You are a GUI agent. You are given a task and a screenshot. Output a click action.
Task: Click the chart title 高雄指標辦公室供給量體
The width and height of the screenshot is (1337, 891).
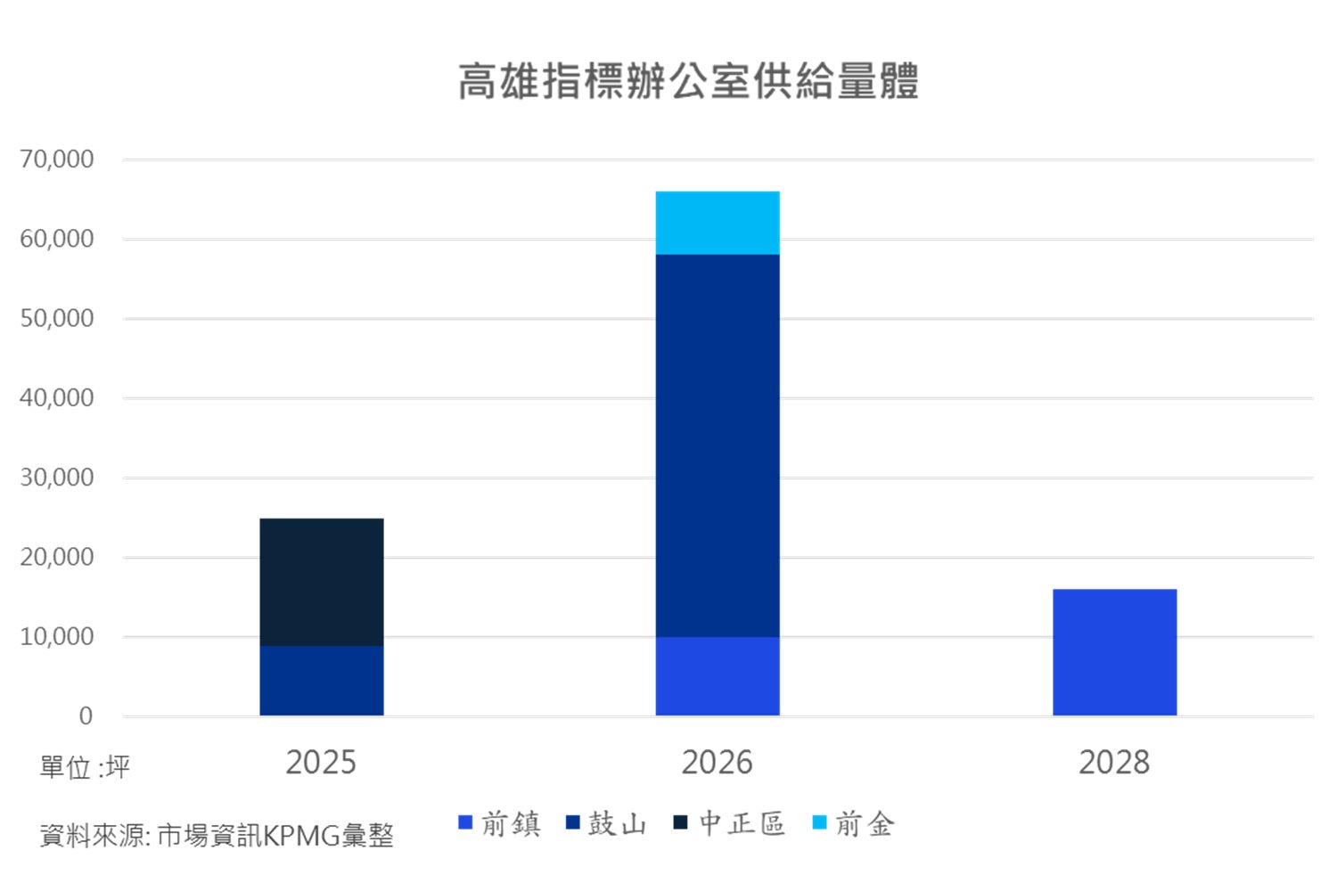pos(687,81)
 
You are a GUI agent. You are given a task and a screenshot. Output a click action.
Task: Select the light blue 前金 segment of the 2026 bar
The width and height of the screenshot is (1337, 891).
pos(718,223)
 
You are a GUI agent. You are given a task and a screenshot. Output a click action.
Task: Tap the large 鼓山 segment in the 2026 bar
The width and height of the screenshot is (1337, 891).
pos(718,445)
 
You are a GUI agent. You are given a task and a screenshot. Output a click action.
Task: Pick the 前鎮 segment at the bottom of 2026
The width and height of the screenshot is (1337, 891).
pos(718,676)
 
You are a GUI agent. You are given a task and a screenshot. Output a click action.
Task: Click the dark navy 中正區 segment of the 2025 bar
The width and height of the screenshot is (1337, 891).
pos(322,582)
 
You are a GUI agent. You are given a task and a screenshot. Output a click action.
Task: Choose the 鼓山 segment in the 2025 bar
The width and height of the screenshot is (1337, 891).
pos(322,681)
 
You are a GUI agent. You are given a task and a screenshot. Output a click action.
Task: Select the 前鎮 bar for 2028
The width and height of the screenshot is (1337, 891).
pos(1114,652)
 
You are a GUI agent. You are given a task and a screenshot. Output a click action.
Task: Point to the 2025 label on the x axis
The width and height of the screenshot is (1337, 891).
pos(321,763)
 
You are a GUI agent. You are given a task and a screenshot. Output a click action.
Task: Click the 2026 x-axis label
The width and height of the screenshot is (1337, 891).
pos(717,763)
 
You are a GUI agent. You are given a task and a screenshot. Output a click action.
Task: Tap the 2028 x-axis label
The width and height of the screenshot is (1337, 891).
pos(1114,763)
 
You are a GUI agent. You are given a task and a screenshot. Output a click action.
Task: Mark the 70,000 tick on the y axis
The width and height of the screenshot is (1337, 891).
pos(57,159)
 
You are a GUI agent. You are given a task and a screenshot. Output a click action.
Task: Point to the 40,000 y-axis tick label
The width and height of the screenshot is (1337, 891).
pos(57,398)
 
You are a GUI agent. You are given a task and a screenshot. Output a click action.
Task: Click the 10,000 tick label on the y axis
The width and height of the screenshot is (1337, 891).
pos(57,637)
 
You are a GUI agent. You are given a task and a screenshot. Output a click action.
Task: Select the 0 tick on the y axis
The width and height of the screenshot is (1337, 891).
pos(86,716)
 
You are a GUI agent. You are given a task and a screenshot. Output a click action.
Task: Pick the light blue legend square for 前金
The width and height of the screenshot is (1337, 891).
pos(820,822)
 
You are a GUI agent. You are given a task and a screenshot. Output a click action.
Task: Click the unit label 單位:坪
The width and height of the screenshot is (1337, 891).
pos(85,767)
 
